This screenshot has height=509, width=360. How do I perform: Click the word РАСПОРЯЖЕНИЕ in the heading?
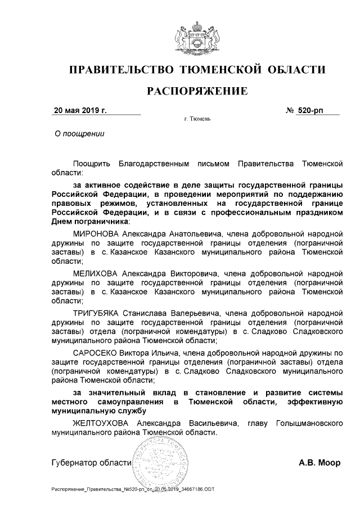pyautogui.click(x=197, y=91)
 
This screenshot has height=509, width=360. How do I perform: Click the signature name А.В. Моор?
pyautogui.click(x=320, y=464)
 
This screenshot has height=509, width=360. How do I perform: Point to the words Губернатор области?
pyautogui.click(x=91, y=464)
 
